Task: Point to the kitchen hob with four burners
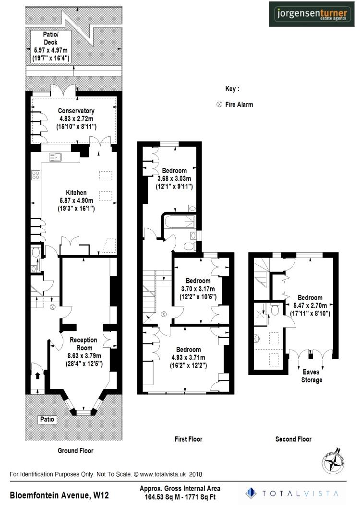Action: point(36,176)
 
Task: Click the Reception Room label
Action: point(84,340)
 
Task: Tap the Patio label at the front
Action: point(48,420)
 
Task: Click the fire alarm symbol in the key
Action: point(220,105)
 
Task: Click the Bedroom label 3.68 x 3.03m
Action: point(174,171)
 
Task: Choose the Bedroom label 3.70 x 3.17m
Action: point(198,281)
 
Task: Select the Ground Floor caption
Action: point(75,451)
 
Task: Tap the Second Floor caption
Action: point(293,439)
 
